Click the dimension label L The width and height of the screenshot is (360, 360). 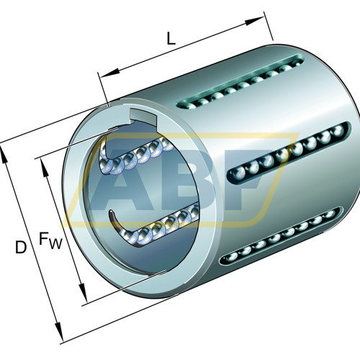pos(171,39)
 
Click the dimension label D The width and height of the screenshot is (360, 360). pos(21,247)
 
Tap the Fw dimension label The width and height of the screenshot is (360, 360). pos(50,240)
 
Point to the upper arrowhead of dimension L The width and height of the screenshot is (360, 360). pos(254,21)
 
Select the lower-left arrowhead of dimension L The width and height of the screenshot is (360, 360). pos(109,73)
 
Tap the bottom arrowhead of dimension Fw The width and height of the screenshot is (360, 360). pos(82,292)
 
